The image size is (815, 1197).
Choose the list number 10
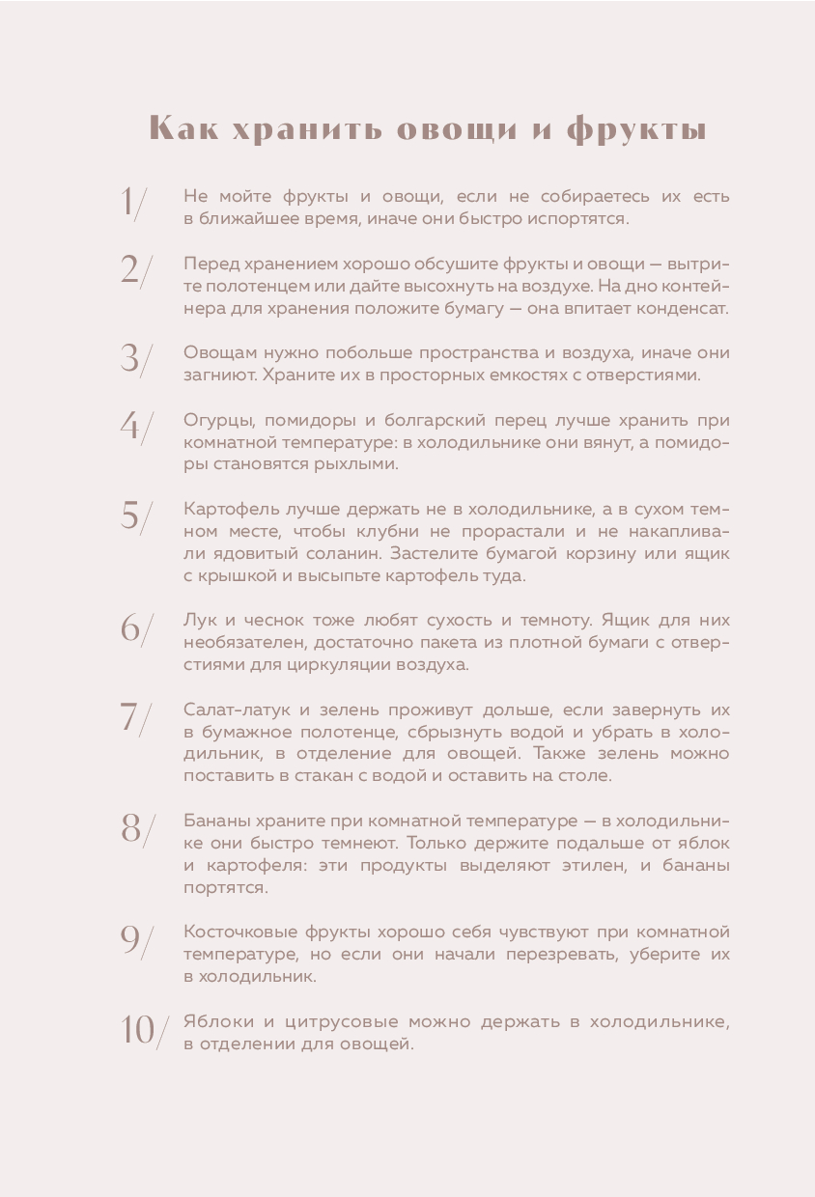[x=138, y=1030]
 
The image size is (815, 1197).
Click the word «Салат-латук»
[x=232, y=710]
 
